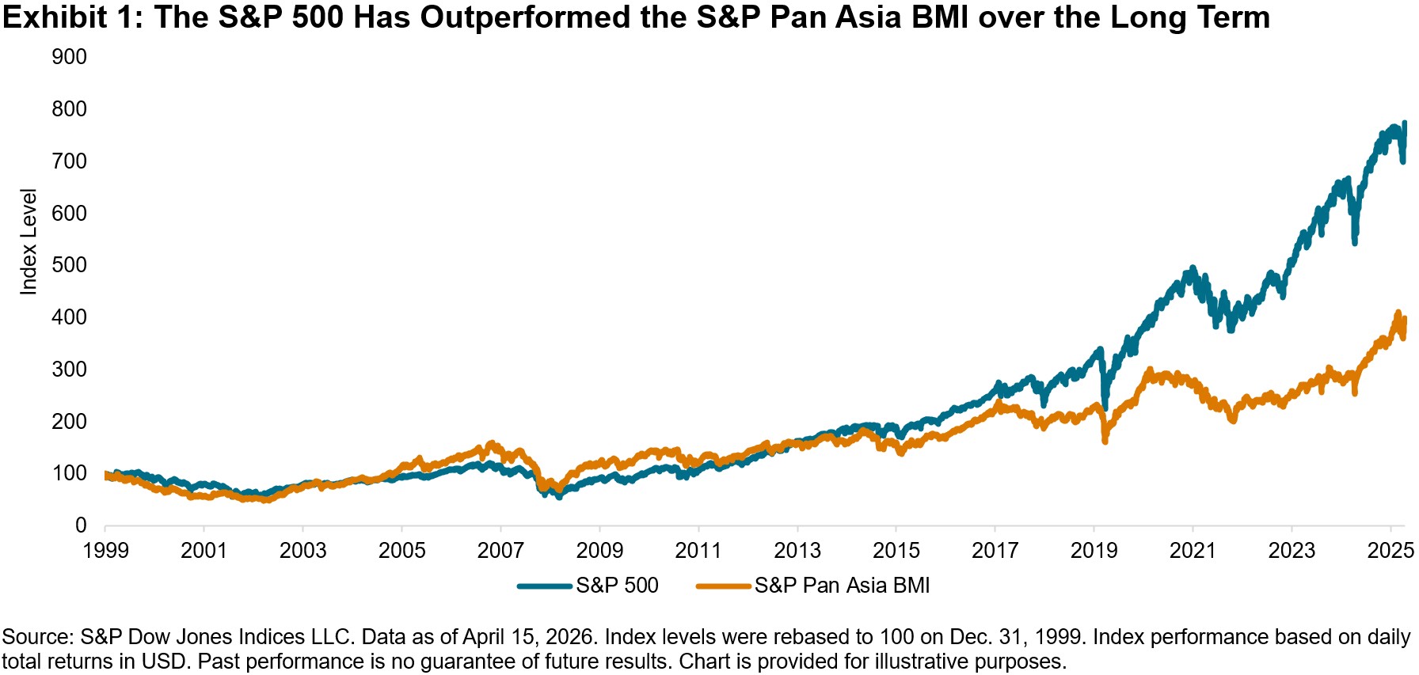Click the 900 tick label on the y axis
point(69,57)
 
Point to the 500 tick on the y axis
point(69,265)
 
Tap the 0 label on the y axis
point(80,525)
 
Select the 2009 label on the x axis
point(599,551)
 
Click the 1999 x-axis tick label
point(105,551)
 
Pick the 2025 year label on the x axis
point(1390,551)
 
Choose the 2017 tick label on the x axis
point(995,551)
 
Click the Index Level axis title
point(29,242)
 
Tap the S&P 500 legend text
point(617,586)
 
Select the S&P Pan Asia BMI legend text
point(842,586)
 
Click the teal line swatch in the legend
point(545,586)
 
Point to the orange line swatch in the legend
point(723,586)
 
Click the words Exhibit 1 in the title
point(71,17)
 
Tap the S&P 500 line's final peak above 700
point(1404,124)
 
